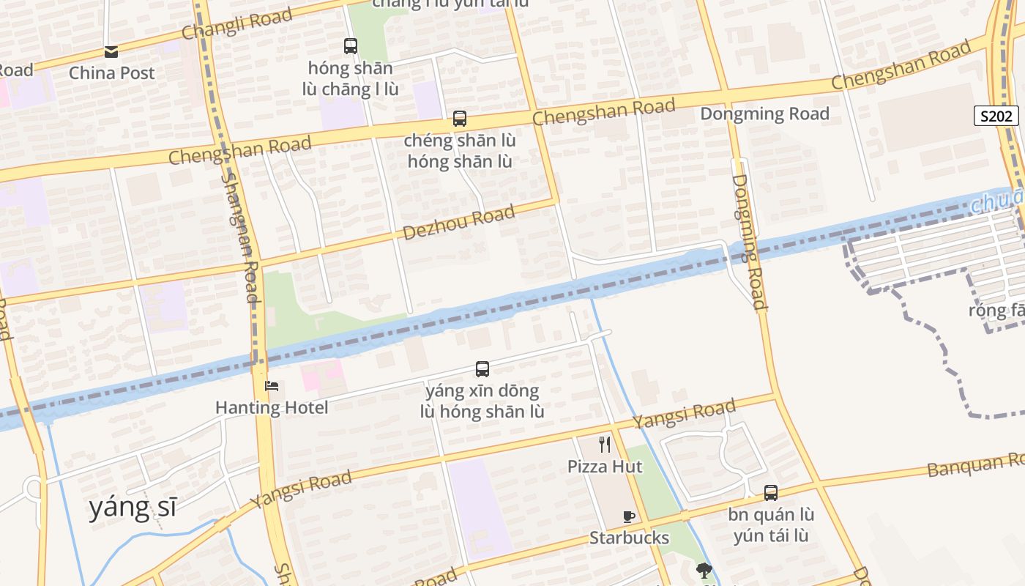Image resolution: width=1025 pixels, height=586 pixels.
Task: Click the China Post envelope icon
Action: pyautogui.click(x=111, y=51)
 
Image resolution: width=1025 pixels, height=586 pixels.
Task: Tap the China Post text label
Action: pyautogui.click(x=112, y=73)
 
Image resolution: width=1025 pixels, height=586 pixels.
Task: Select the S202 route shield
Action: pyautogui.click(x=996, y=116)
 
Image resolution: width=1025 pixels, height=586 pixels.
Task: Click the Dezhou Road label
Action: pyautogui.click(x=459, y=223)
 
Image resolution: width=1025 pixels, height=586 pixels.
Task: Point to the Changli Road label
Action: pyautogui.click(x=236, y=24)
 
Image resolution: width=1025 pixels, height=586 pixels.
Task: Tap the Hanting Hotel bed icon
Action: pyautogui.click(x=272, y=386)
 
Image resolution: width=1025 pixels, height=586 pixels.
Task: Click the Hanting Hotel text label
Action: pyautogui.click(x=272, y=407)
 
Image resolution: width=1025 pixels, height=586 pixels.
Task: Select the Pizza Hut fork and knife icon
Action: pyautogui.click(x=605, y=444)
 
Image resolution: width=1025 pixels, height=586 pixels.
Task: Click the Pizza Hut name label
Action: pyautogui.click(x=605, y=467)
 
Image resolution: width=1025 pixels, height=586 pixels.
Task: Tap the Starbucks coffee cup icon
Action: pyautogui.click(x=628, y=516)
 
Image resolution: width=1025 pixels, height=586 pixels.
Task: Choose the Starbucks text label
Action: pyautogui.click(x=629, y=538)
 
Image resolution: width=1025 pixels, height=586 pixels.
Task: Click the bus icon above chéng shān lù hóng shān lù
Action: pyautogui.click(x=460, y=119)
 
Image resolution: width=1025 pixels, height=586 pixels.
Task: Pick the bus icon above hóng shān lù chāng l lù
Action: pyautogui.click(x=351, y=46)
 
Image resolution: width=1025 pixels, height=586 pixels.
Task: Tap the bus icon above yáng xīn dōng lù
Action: pyautogui.click(x=482, y=369)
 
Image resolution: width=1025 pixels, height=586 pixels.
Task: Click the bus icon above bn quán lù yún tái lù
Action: pyautogui.click(x=771, y=493)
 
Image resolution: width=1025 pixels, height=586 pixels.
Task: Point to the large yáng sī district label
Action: pyautogui.click(x=133, y=507)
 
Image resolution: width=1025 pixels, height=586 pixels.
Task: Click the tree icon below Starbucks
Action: pyautogui.click(x=704, y=570)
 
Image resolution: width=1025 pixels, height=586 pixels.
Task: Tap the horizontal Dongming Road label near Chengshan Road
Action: pyautogui.click(x=764, y=114)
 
